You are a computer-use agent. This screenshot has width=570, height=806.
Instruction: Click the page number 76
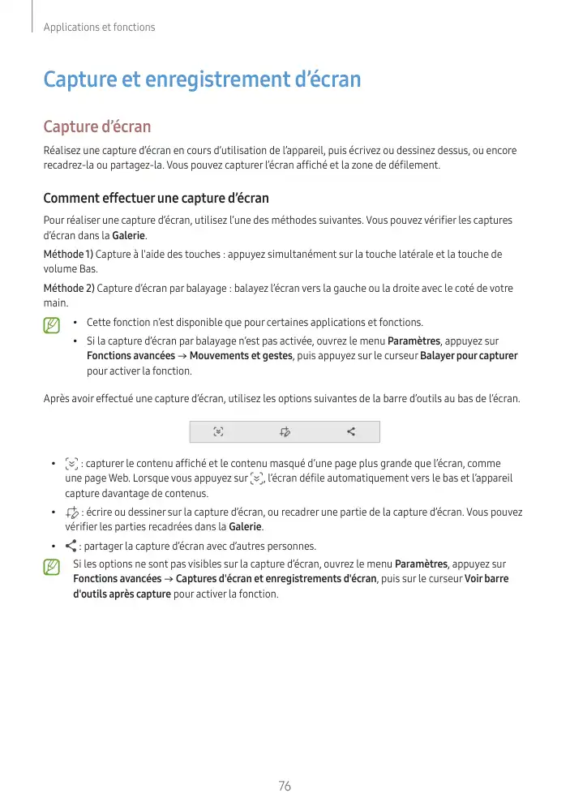click(x=284, y=786)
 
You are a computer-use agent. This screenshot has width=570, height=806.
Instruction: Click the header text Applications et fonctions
click(x=98, y=28)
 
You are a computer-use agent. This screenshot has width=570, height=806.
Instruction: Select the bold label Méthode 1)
click(x=68, y=255)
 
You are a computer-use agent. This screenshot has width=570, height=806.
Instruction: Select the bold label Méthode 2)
click(x=68, y=288)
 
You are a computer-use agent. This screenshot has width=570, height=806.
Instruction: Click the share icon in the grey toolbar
click(x=351, y=431)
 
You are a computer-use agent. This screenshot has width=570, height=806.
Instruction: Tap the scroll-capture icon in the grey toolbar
click(x=218, y=431)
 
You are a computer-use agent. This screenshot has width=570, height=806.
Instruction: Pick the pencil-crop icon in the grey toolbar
click(x=285, y=431)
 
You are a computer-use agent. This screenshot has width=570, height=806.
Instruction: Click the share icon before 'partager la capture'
click(x=71, y=545)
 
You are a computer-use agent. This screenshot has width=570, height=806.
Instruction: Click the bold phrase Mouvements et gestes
click(x=241, y=356)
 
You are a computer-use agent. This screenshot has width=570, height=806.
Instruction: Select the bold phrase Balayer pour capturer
click(x=469, y=356)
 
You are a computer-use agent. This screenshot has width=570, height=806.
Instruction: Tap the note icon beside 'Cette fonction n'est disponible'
click(x=52, y=325)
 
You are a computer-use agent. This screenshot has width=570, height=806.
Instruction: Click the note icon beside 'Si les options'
click(x=52, y=564)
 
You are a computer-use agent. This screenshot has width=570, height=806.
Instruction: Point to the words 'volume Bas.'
click(x=70, y=268)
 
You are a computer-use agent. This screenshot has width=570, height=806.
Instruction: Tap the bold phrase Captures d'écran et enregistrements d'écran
click(x=276, y=579)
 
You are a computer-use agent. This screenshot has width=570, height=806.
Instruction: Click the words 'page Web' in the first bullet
click(x=106, y=478)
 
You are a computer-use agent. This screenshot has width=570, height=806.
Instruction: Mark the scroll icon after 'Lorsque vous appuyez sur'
click(x=258, y=478)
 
